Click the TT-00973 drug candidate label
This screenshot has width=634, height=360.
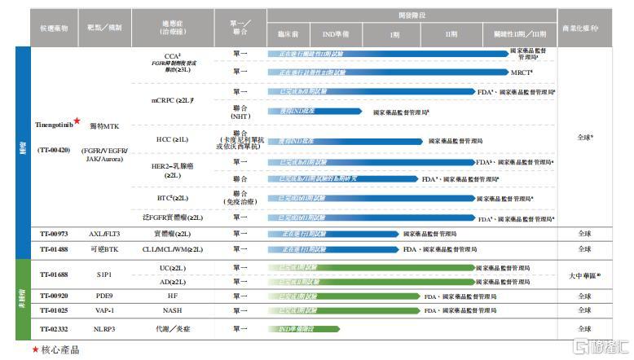pos(53,235)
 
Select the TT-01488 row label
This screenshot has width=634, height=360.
pos(53,248)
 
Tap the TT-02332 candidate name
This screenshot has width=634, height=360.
pos(53,328)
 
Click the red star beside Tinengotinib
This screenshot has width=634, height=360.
pos(77,121)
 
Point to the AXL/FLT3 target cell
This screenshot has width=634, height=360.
pos(103,235)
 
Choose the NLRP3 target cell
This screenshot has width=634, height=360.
pos(103,328)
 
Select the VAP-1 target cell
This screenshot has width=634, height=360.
pos(103,310)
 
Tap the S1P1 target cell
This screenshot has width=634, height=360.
pos(103,274)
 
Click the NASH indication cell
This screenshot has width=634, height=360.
pos(172,310)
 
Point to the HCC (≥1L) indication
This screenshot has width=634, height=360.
pos(172,140)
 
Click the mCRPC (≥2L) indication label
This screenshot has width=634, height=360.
pos(172,99)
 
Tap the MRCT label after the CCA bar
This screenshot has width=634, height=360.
pos(522,72)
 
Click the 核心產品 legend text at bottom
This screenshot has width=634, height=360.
pos(59,349)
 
